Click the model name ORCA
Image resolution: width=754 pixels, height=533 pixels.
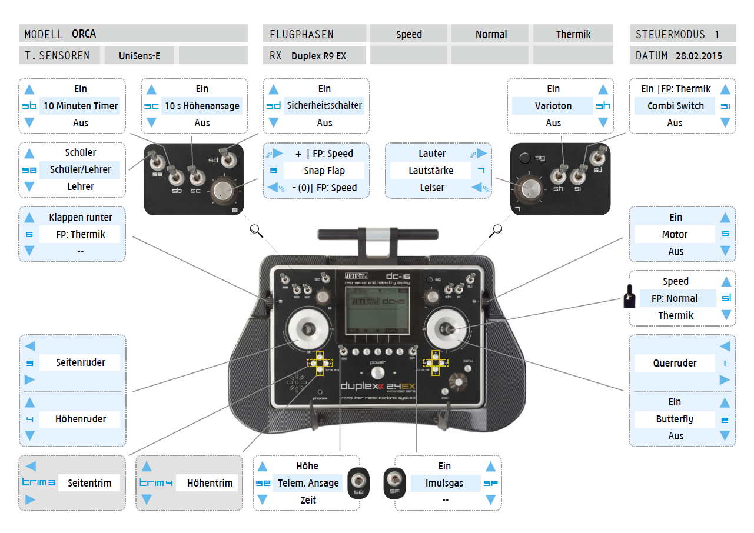pos(84,34)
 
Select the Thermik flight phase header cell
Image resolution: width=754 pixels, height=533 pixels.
pos(573,34)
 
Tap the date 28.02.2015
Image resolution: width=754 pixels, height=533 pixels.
pos(698,56)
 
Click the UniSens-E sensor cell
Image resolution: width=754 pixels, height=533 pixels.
pos(139,56)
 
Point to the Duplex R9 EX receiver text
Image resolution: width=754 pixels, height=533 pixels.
pos(318,56)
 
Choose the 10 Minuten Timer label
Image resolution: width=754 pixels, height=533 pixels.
pos(81,106)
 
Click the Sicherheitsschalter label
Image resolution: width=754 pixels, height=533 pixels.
pos(324,106)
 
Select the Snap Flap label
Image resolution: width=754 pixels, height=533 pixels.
pos(324,171)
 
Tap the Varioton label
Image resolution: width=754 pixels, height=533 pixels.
pos(553,106)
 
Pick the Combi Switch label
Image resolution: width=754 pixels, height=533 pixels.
pos(675,106)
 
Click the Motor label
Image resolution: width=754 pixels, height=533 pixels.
pos(675,234)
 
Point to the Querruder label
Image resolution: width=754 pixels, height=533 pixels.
pos(675,363)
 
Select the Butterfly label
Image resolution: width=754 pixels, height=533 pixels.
pos(675,419)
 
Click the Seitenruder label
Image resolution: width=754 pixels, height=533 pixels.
pos(81,362)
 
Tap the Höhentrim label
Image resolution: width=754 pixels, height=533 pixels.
pos(210,483)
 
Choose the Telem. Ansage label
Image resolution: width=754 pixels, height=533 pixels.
pos(308,483)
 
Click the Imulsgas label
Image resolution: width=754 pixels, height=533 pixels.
pos(444,483)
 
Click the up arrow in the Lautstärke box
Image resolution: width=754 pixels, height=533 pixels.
pos(480,154)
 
